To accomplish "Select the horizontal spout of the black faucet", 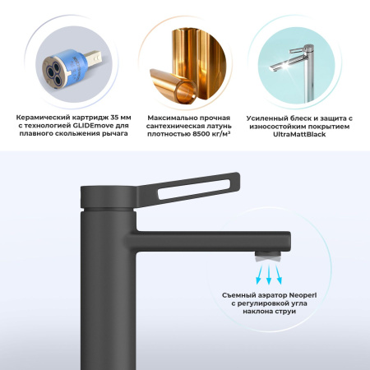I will (206, 238).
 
